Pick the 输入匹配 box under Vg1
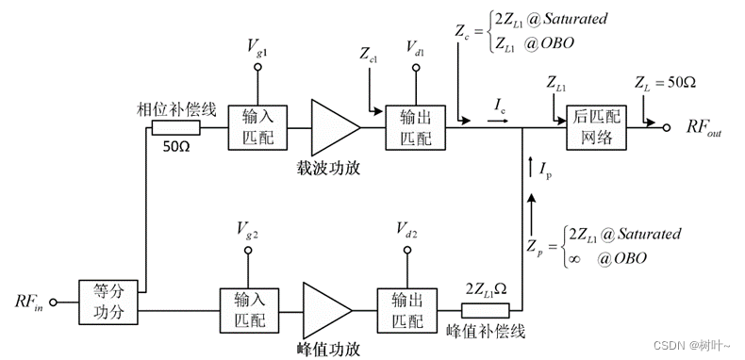[x=250, y=125]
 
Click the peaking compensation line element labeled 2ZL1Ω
[x=485, y=309]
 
